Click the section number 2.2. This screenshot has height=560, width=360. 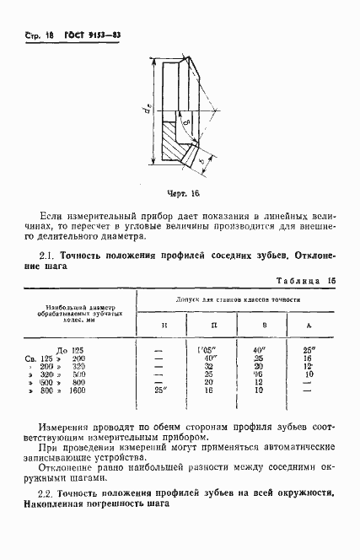coord(48,491)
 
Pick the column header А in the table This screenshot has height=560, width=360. coord(309,326)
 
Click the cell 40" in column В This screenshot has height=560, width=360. coord(259,348)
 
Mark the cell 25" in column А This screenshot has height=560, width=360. coord(309,348)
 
